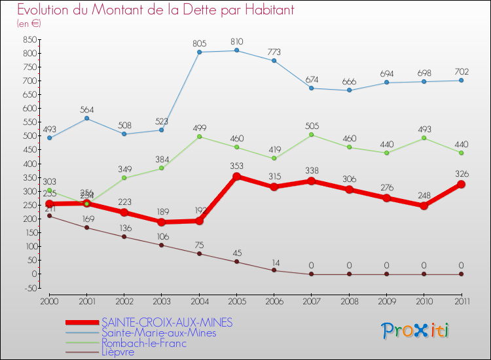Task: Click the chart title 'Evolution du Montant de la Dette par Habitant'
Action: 155,10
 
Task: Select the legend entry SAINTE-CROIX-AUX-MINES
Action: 167,323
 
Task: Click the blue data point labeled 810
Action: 236,50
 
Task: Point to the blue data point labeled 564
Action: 87,118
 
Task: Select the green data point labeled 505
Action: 312,135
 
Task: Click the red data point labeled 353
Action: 236,177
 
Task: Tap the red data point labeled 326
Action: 462,184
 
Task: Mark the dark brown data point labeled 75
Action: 199,253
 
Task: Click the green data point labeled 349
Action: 124,178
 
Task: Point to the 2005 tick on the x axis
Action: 236,300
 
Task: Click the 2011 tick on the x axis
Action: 462,300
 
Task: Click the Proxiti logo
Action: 416,330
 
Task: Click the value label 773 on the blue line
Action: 274,51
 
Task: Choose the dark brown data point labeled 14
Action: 274,270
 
